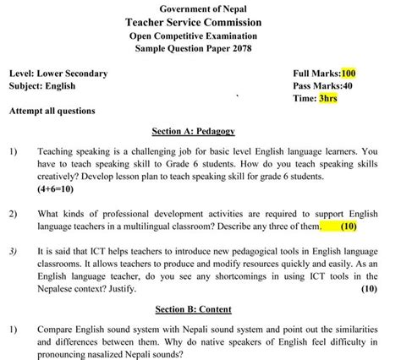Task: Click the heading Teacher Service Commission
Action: pos(200,22)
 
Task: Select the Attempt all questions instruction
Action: pos(52,111)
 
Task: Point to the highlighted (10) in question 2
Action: pos(349,227)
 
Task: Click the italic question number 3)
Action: pos(14,251)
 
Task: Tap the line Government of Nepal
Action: pos(200,8)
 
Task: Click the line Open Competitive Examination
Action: pos(200,36)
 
